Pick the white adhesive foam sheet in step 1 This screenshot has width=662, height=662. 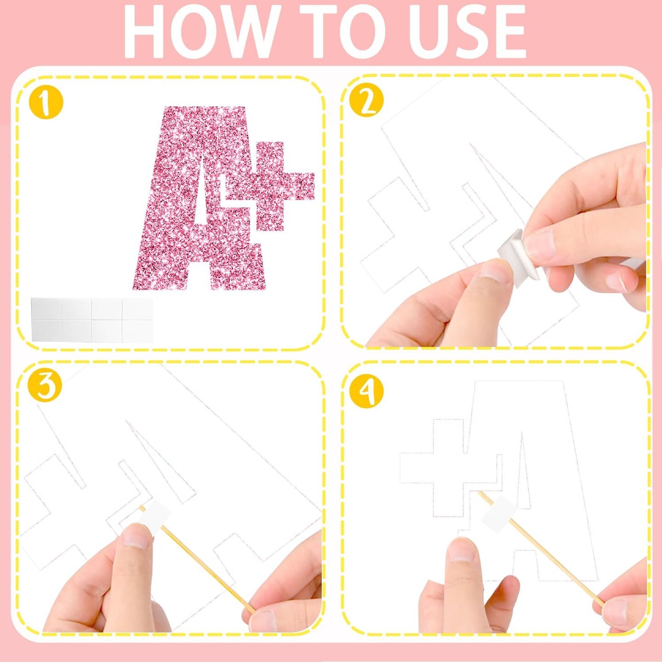[92, 319]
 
